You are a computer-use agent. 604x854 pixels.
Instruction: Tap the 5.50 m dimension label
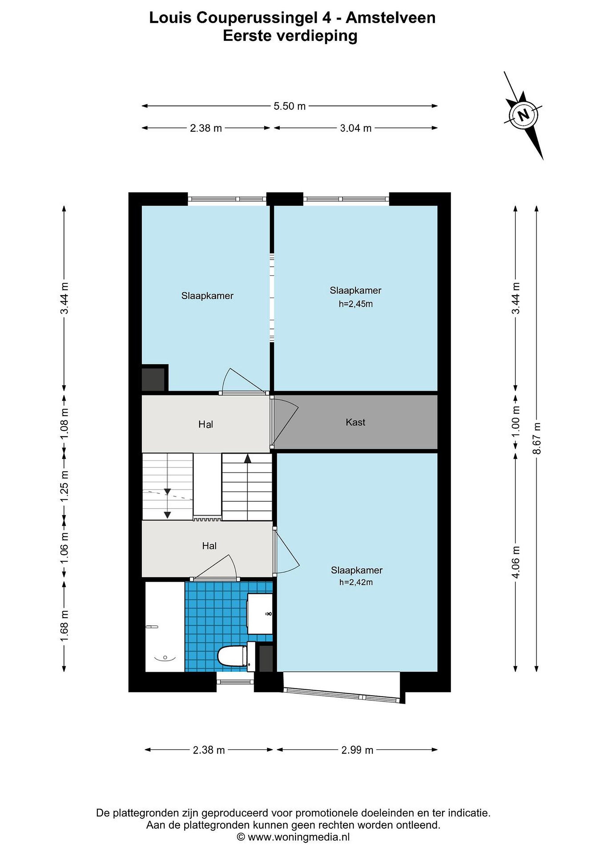pyautogui.click(x=289, y=106)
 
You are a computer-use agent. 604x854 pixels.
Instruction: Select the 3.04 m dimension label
pyautogui.click(x=356, y=128)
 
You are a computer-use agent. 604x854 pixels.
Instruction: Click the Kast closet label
pyautogui.click(x=355, y=422)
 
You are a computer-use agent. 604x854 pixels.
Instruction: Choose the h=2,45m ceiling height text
pyautogui.click(x=356, y=304)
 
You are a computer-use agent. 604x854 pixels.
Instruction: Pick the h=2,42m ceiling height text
pyautogui.click(x=356, y=582)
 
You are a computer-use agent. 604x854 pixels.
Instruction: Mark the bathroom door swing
pyautogui.click(x=215, y=567)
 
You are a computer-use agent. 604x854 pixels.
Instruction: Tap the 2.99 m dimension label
pyautogui.click(x=357, y=750)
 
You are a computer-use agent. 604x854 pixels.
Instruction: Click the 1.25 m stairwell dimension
pyautogui.click(x=64, y=486)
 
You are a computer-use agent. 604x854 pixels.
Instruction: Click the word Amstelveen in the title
pyautogui.click(x=391, y=18)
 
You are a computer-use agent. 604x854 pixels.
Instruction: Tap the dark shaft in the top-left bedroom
pyautogui.click(x=153, y=379)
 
